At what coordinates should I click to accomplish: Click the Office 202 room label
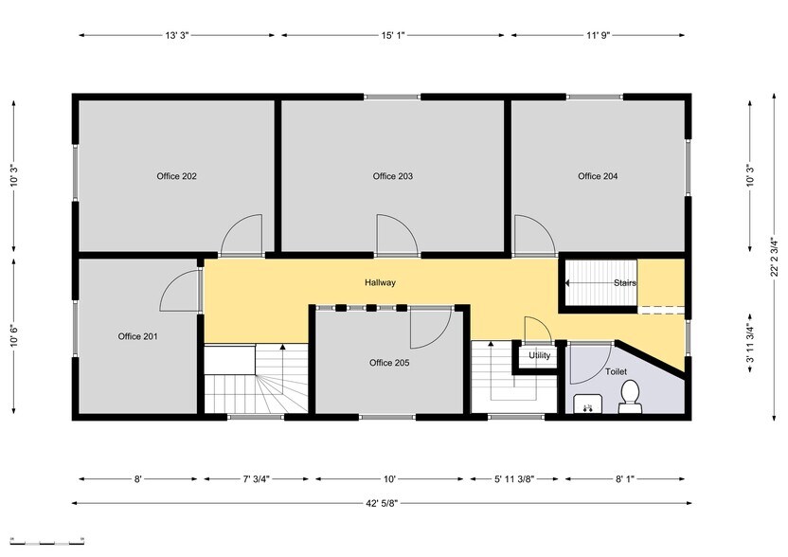[x=176, y=176]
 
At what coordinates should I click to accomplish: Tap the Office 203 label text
[x=392, y=176]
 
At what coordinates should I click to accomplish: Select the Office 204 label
[x=598, y=176]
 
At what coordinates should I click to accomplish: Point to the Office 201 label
[x=137, y=336]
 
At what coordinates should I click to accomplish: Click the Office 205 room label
[x=389, y=363]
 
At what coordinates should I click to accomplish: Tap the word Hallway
[x=380, y=283]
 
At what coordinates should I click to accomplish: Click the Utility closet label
[x=540, y=356]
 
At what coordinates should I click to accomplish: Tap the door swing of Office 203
[x=395, y=236]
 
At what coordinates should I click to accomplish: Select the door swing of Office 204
[x=532, y=236]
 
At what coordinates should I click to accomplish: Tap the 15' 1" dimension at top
[x=393, y=35]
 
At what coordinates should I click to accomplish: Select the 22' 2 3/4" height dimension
[x=775, y=255]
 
